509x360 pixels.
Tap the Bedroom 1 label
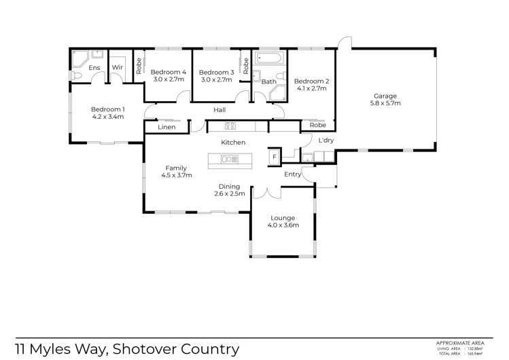click(x=108, y=109)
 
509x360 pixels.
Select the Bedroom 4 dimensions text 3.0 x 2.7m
click(x=168, y=80)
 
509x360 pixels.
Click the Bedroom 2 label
click(x=313, y=82)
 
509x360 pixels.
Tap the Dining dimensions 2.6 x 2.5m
click(x=232, y=194)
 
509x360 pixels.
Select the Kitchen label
click(x=232, y=143)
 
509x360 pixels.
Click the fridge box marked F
click(x=274, y=156)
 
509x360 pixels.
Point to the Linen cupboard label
click(x=167, y=127)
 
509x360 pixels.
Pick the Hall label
click(x=220, y=110)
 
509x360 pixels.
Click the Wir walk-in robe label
click(x=117, y=67)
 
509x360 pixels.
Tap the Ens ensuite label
click(x=94, y=67)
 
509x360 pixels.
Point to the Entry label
click(x=293, y=175)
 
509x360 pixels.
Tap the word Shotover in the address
click(x=147, y=349)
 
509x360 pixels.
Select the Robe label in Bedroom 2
click(x=317, y=126)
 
